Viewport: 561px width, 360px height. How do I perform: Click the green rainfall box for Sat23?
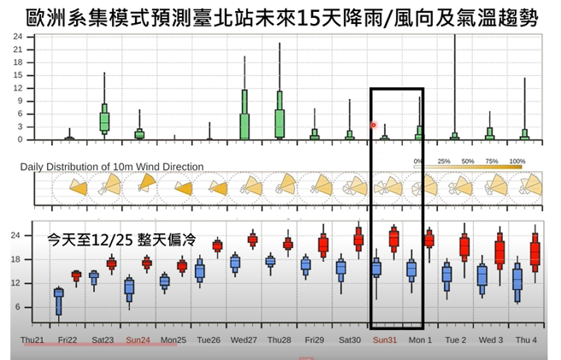pyautogui.click(x=104, y=118)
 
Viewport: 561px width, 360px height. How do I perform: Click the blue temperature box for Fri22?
pyautogui.click(x=59, y=301)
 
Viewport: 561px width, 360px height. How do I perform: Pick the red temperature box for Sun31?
pyautogui.click(x=394, y=238)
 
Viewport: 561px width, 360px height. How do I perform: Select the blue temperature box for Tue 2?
pyautogui.click(x=446, y=274)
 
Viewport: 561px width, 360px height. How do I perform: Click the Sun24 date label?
pyautogui.click(x=139, y=339)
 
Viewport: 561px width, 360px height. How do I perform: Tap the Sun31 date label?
pyautogui.click(x=385, y=339)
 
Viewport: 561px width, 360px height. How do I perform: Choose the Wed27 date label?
pyautogui.click(x=244, y=339)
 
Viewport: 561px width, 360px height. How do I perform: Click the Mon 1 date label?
pyautogui.click(x=420, y=339)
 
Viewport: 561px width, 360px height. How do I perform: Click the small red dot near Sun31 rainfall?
pyautogui.click(x=374, y=125)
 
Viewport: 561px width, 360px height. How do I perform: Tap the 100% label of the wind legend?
pyautogui.click(x=517, y=161)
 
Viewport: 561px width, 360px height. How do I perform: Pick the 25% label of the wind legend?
pyautogui.click(x=445, y=161)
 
